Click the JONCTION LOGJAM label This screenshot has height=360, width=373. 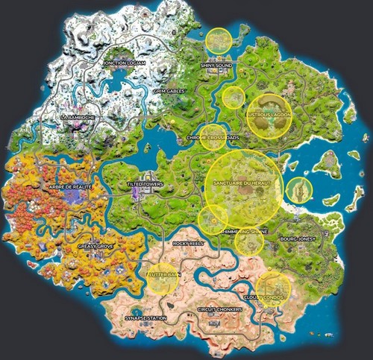125,63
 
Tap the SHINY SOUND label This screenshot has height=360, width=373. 217,66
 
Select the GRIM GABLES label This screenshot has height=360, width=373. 169,91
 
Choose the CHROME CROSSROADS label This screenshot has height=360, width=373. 212,138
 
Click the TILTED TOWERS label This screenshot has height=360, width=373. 145,183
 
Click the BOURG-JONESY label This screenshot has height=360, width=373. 298,239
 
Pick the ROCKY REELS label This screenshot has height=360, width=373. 188,243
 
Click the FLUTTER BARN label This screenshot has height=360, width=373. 165,275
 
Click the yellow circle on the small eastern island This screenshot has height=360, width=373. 299,189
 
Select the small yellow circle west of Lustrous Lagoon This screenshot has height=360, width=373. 233,95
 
